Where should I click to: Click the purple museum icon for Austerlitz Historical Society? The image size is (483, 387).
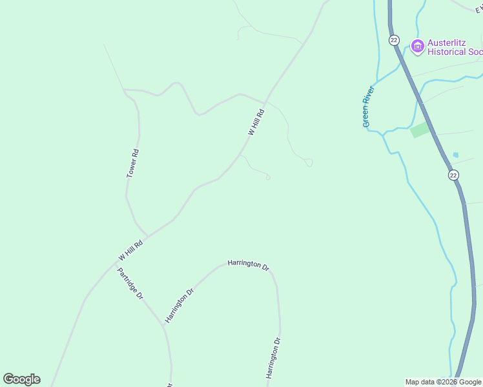coord(417,46)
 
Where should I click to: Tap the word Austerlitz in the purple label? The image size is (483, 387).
coord(447,43)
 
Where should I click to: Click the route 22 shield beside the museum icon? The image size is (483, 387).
coord(394,40)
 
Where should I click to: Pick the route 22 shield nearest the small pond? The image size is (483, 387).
coord(453,175)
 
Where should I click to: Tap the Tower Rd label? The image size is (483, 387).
coord(132,163)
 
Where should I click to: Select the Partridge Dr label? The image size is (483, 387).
coord(130,283)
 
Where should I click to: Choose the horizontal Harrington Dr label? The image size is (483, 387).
coord(248,264)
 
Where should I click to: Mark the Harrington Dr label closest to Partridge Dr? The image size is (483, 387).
coord(180,305)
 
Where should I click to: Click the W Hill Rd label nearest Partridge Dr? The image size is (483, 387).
coord(130,248)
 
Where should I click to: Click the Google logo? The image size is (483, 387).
coord(21,379)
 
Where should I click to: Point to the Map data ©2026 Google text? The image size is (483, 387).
coord(443,382)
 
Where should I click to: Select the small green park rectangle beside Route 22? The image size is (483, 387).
coord(420,129)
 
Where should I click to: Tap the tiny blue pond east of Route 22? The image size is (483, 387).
coord(456,155)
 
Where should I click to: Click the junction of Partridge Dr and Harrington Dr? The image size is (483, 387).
coord(164,326)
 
